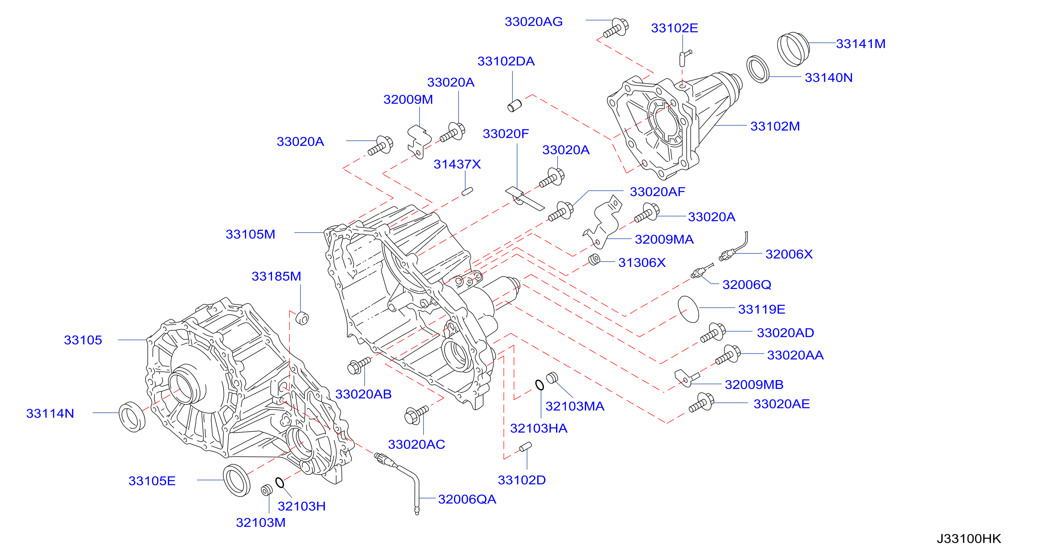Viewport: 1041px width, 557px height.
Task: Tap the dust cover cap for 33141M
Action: [x=793, y=49]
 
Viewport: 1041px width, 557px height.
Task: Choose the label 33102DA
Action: [x=506, y=62]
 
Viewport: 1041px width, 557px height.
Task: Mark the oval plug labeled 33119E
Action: [x=688, y=309]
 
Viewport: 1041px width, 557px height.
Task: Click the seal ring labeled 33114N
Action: [x=132, y=417]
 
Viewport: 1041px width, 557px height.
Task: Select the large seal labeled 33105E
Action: [x=236, y=480]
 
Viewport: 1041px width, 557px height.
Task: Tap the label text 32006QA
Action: [x=467, y=500]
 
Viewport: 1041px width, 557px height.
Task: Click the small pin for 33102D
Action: [x=525, y=447]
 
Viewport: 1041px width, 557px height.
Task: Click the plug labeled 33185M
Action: [x=302, y=319]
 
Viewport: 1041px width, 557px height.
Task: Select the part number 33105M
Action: [x=250, y=235]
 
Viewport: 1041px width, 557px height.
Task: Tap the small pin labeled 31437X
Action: [x=467, y=191]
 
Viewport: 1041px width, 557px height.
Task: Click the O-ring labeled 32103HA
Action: [x=539, y=385]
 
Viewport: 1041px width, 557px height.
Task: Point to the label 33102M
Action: [x=775, y=126]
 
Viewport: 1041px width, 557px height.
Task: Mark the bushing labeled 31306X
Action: [x=594, y=259]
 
